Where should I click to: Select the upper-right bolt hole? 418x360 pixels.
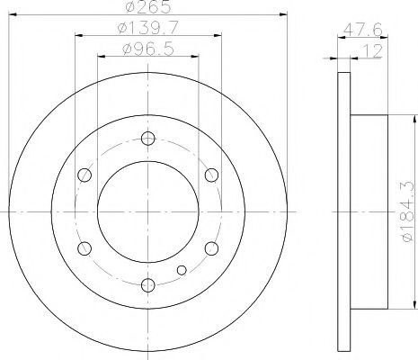pyautogui.click(x=212, y=174)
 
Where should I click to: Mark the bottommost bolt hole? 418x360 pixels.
pyautogui.click(x=148, y=285)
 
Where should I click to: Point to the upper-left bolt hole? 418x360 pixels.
pyautogui.click(x=84, y=174)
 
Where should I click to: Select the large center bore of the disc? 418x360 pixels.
pyautogui.click(x=148, y=211)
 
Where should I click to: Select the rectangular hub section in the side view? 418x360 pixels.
pyautogui.click(x=369, y=211)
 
